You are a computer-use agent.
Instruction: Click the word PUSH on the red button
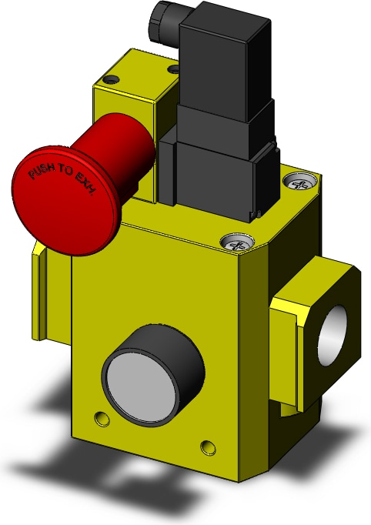pos(42,171)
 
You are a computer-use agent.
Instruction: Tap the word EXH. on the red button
pos(85,185)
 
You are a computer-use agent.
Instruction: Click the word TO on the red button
pos(65,170)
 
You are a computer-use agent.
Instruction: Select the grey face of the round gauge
pos(141,380)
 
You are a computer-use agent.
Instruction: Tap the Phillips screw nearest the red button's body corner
pos(237,242)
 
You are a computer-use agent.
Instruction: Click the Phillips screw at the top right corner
pos(299,182)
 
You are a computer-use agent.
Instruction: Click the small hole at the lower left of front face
pos(102,419)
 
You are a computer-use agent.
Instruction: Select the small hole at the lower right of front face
pos(208,447)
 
